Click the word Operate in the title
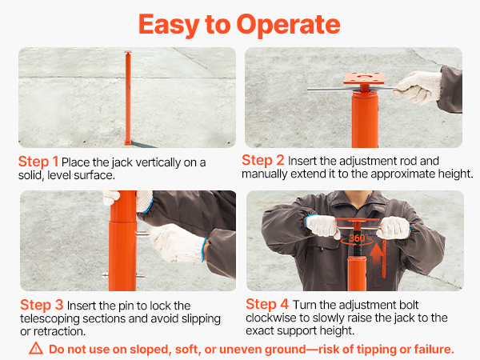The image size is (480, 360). [288, 26]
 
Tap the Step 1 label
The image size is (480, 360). [38, 162]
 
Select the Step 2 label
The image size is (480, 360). [263, 161]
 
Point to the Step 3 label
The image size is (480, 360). [42, 305]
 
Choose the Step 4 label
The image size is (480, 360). [267, 304]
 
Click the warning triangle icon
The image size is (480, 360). [36, 348]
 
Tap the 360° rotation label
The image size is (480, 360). [358, 238]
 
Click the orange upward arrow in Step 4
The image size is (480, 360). [376, 256]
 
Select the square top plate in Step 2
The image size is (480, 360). [364, 78]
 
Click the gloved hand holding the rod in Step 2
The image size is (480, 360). [418, 87]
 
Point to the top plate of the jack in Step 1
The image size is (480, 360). [128, 52]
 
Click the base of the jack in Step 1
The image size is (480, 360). [128, 142]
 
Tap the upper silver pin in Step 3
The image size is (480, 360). [142, 234]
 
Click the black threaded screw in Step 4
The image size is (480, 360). [357, 250]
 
